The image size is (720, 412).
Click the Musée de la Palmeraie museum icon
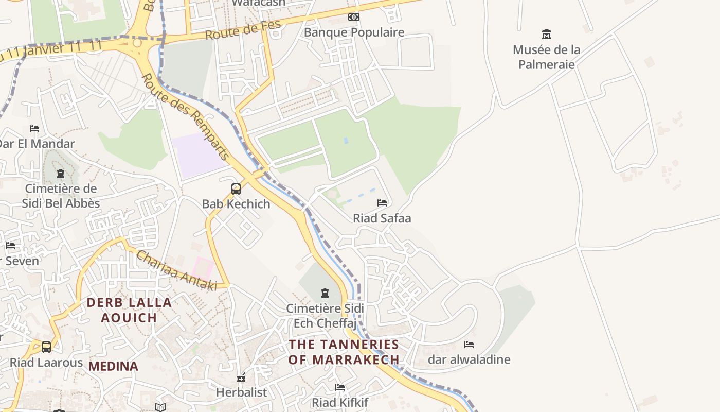point(547,35)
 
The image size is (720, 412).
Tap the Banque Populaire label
point(354,32)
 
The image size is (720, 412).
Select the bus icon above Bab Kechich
point(236,189)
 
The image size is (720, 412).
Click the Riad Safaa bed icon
point(382,203)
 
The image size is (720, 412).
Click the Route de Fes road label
point(243,30)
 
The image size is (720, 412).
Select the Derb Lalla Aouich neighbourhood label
point(129,310)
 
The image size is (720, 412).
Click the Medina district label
point(113,366)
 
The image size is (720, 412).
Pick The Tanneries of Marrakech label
point(344,352)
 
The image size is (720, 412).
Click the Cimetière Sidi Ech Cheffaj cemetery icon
point(325,293)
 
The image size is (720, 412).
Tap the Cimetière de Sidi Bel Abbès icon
point(61,174)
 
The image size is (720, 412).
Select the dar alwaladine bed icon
point(469,345)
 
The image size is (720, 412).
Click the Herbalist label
point(241,392)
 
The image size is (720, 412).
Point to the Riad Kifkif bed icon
point(339,387)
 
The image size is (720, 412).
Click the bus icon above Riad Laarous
point(46,347)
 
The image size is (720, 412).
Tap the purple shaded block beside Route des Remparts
point(200,154)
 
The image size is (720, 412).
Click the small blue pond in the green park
point(346,140)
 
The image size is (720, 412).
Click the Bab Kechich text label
point(236,204)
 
